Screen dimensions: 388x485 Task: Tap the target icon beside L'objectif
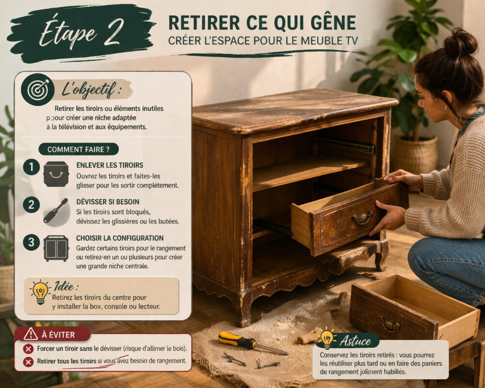[x=37, y=89]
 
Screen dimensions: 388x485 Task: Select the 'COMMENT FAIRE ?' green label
[x=78, y=149]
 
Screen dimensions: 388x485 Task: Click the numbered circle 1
[x=31, y=168]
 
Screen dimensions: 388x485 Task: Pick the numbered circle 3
[x=31, y=242]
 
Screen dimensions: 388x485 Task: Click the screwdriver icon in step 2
[x=56, y=210]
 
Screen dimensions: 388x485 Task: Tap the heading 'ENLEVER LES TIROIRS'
[x=110, y=165]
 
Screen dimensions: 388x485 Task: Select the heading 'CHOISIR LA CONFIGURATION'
[x=120, y=238]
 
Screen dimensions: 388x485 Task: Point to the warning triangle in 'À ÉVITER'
[x=31, y=333]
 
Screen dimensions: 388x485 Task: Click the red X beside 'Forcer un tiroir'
[x=28, y=349]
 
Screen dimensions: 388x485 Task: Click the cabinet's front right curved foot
[x=382, y=255]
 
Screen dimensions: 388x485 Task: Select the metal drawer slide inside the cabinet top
[x=346, y=145]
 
